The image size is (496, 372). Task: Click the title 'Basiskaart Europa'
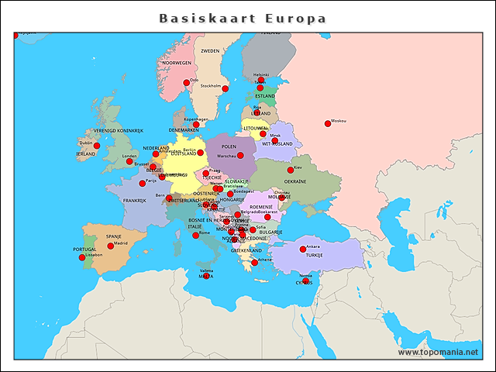coord(243,19)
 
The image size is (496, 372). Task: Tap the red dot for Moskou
coord(328,124)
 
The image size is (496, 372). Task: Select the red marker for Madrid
coord(110,246)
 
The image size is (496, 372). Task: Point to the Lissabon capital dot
coord(82,258)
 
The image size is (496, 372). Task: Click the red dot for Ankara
coord(302,250)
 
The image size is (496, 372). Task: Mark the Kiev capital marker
coord(291,170)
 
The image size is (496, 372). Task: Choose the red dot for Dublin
coord(97,146)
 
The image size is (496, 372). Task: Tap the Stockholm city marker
coord(225,89)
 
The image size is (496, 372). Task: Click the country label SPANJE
coord(114,236)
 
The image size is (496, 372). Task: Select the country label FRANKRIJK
coord(134,201)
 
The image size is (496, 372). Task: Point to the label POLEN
coord(229,146)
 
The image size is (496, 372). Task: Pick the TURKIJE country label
coord(314,255)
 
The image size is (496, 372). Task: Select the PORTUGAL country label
coord(84,250)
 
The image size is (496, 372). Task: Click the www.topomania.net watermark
coord(438,353)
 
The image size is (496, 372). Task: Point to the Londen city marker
coord(129,161)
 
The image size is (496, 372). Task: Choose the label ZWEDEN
coord(210,51)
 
